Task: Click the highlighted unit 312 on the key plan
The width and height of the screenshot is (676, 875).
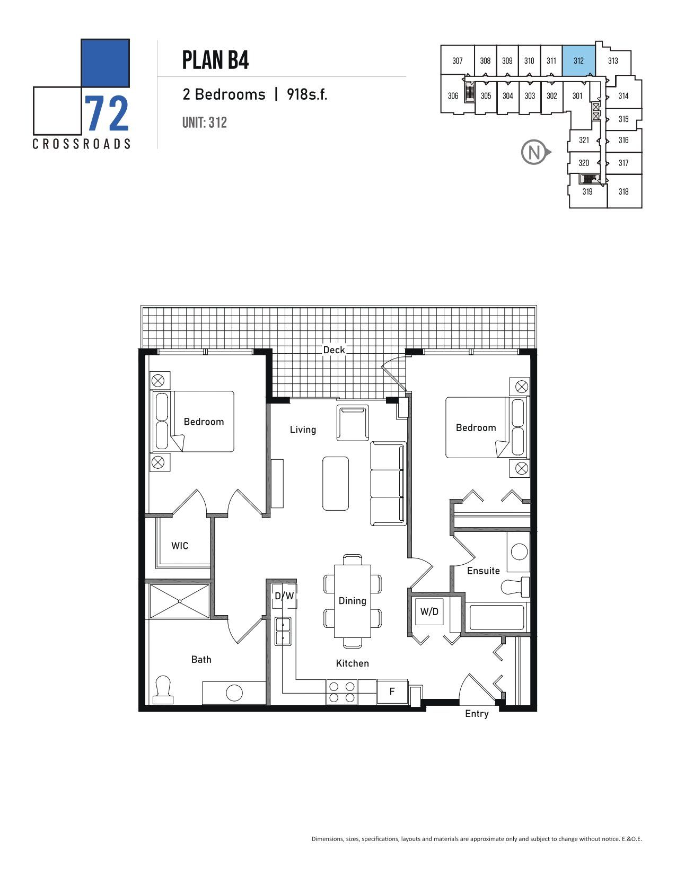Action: click(578, 60)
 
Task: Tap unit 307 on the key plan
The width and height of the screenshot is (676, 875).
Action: click(458, 60)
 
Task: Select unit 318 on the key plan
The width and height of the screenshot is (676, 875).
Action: click(624, 191)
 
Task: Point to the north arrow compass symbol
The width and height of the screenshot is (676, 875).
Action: click(535, 153)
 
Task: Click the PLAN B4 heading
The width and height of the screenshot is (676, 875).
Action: click(215, 60)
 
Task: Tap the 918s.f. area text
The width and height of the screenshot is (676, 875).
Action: click(307, 94)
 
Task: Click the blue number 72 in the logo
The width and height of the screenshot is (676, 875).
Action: click(107, 114)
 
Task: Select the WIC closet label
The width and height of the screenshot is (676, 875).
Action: click(180, 546)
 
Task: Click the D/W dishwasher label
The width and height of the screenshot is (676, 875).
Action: click(284, 596)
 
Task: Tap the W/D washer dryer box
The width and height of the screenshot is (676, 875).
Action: click(429, 611)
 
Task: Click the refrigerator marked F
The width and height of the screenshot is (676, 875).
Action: click(392, 692)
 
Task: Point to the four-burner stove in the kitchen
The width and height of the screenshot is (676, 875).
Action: click(342, 692)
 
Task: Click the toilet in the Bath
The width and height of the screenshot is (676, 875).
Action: click(163, 690)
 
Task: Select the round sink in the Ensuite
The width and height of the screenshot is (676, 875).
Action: click(519, 552)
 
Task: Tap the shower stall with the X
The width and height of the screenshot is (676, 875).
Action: click(180, 601)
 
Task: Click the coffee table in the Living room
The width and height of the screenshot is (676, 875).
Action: click(336, 484)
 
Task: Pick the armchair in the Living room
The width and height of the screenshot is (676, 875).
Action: click(353, 423)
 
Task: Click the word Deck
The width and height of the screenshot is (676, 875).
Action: click(334, 350)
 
